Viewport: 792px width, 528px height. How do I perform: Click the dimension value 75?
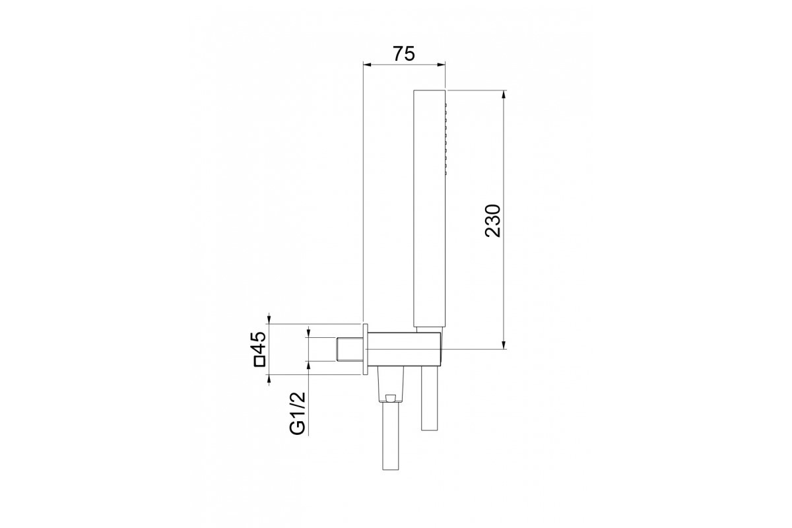[404, 53]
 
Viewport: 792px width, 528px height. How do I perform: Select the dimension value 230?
[493, 220]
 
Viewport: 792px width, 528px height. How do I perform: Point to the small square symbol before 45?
[260, 362]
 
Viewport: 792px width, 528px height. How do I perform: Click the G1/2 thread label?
[298, 413]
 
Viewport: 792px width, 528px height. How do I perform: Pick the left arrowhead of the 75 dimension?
[368, 65]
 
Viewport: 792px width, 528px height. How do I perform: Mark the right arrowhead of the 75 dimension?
[441, 65]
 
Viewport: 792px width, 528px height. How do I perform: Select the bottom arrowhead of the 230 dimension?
[504, 345]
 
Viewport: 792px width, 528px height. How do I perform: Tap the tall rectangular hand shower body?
[429, 208]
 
